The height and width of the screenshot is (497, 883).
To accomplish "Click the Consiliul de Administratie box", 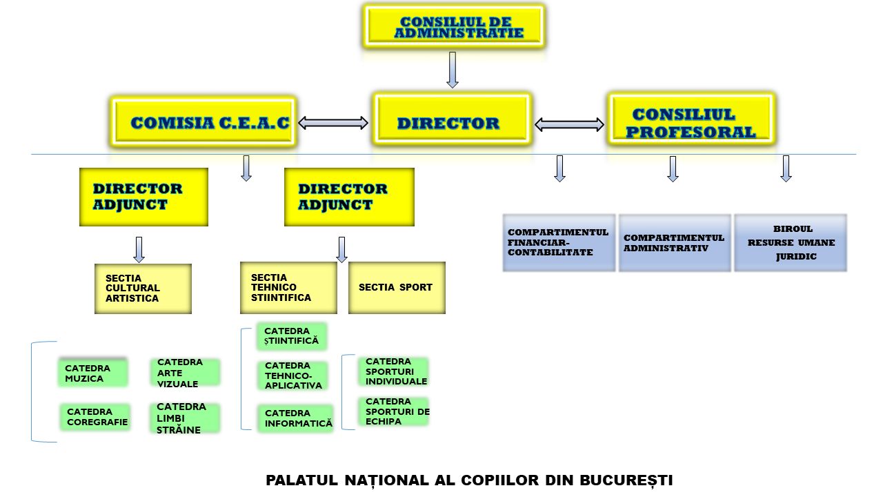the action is pyautogui.click(x=454, y=26).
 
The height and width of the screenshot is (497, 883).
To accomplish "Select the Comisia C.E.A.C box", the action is pyautogui.click(x=204, y=121).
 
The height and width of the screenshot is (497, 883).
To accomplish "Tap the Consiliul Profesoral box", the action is pyautogui.click(x=691, y=118).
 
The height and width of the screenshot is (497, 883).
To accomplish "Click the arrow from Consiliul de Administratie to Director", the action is pyautogui.click(x=453, y=70).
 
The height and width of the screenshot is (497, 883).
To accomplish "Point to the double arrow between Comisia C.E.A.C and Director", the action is pyautogui.click(x=333, y=123).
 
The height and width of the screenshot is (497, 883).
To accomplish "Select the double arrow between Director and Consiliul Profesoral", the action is pyautogui.click(x=569, y=125).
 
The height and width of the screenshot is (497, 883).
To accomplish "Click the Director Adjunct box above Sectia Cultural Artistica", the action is pyautogui.click(x=143, y=197).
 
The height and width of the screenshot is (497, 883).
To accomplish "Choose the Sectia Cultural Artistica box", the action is pyautogui.click(x=143, y=289).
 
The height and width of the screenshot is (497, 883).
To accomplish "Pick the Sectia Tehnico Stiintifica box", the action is pyautogui.click(x=288, y=288).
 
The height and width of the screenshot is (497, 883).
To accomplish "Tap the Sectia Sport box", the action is pyautogui.click(x=397, y=288).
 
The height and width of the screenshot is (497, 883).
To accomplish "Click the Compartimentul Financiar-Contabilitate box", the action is pyautogui.click(x=559, y=242).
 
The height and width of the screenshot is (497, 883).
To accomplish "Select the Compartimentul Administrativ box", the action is pyautogui.click(x=675, y=242).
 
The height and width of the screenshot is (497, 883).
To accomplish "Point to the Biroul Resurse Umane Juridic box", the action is pyautogui.click(x=791, y=242).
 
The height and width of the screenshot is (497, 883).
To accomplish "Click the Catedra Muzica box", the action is pyautogui.click(x=93, y=372).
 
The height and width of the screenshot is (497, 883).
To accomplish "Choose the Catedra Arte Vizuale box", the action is pyautogui.click(x=185, y=372).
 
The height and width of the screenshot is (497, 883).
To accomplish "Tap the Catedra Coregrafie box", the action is pyautogui.click(x=95, y=416).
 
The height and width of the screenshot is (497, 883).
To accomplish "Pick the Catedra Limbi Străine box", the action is pyautogui.click(x=185, y=418).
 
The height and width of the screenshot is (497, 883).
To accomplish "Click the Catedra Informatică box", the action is pyautogui.click(x=296, y=418).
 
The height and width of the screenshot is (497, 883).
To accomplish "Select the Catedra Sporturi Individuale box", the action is pyautogui.click(x=393, y=371).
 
